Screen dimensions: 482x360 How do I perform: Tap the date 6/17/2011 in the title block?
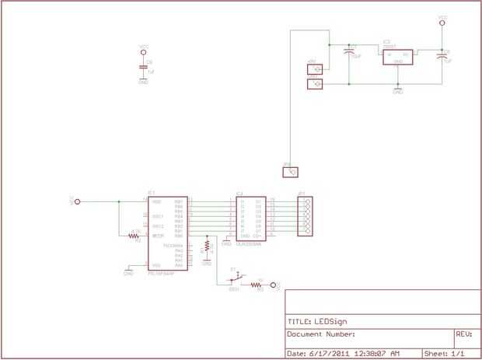pos(329,353)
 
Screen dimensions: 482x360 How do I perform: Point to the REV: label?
pos(464,334)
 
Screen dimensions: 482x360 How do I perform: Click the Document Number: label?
pos(322,334)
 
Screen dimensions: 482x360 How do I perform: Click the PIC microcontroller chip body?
pos(168,233)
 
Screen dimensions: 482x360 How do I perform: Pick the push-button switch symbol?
pos(236,277)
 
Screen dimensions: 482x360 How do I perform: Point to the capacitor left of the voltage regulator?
pos(349,52)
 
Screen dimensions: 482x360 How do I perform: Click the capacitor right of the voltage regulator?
pos(442,55)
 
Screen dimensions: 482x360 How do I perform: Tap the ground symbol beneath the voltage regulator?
pos(397,87)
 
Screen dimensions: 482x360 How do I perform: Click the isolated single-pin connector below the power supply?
pos(288,171)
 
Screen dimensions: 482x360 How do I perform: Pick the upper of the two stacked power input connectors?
pos(315,68)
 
